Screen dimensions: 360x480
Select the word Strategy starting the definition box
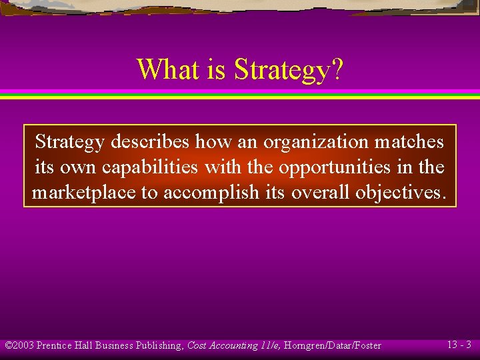click(x=69, y=142)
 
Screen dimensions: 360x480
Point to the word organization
click(x=316, y=142)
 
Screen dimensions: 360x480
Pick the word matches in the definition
click(x=409, y=142)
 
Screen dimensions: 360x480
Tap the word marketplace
click(x=83, y=193)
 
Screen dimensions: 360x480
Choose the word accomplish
click(x=211, y=193)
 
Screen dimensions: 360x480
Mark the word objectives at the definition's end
click(x=401, y=193)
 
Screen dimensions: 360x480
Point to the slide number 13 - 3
click(x=459, y=345)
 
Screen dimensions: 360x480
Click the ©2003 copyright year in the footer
click(x=19, y=345)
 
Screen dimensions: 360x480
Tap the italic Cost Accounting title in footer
click(x=222, y=345)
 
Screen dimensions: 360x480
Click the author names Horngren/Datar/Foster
click(x=333, y=345)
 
